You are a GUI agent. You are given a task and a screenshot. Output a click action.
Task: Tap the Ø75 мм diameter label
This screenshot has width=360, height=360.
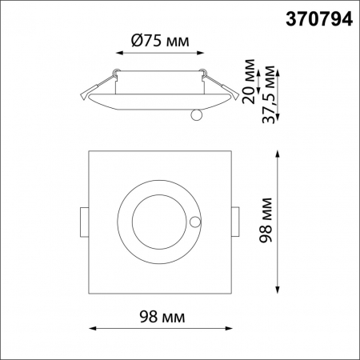(157, 40)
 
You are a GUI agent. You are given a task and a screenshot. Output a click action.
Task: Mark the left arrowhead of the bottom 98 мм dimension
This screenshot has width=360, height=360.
(90, 328)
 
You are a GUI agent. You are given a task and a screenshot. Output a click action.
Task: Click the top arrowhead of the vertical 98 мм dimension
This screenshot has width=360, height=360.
(278, 152)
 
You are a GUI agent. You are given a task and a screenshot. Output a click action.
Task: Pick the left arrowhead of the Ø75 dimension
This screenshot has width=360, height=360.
(119, 54)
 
